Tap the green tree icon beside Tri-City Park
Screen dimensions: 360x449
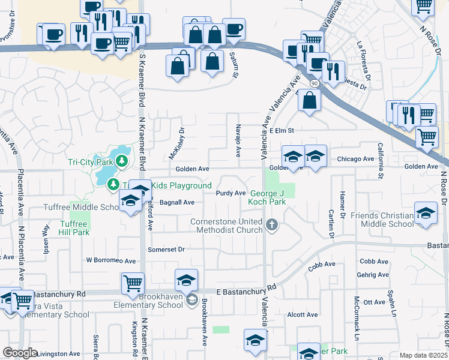(122, 161)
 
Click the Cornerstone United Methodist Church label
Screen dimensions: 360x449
(226, 226)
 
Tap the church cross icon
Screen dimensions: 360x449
(272, 225)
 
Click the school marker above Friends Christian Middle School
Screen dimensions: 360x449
(426, 214)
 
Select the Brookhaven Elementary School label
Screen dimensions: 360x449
(149, 301)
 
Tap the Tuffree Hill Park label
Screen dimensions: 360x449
(74, 228)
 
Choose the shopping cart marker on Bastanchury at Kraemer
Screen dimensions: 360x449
(133, 282)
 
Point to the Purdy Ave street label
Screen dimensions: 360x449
(231, 193)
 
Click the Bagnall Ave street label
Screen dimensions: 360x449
(177, 203)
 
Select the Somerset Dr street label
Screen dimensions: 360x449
(166, 249)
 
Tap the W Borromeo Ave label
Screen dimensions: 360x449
(111, 261)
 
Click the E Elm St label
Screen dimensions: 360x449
(283, 130)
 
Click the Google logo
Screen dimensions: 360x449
(19, 353)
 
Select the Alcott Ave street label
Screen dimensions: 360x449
(303, 314)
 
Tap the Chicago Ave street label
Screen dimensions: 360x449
(355, 159)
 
